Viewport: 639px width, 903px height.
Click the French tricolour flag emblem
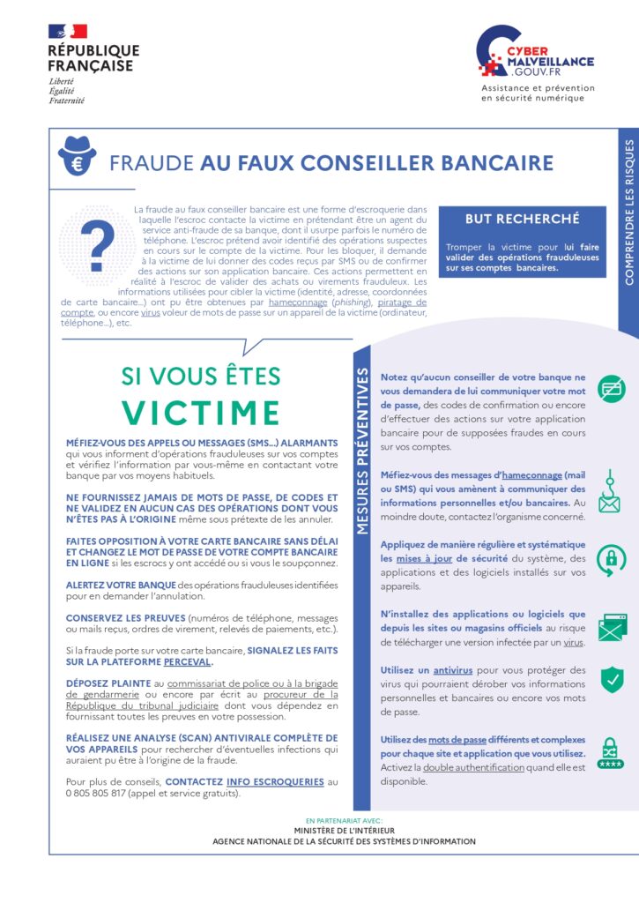pos(67,32)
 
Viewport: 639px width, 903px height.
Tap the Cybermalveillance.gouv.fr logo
pos(534,53)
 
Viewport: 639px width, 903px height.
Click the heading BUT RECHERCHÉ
pos(523,219)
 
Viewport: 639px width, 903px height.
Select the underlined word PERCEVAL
pos(187,661)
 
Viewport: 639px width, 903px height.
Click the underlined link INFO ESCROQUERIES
pos(274,781)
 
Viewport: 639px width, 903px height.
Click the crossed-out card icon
pos(611,389)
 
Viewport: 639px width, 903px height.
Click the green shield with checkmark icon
pos(612,679)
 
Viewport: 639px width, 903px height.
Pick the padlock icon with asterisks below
pos(610,751)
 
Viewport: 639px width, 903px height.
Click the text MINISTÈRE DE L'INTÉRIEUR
pos(344,830)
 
